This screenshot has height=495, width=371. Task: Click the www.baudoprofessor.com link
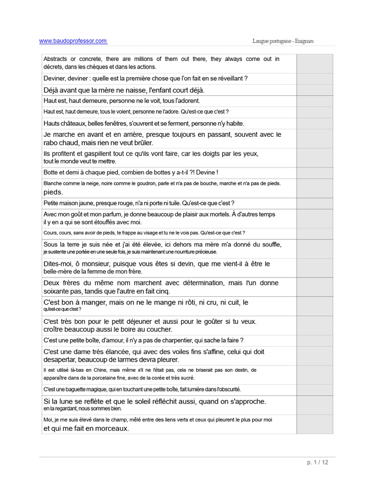[x=73, y=41]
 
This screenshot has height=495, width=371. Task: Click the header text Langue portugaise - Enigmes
[x=283, y=41]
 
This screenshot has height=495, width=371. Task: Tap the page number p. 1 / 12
[x=317, y=462]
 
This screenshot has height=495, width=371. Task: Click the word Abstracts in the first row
[x=56, y=59]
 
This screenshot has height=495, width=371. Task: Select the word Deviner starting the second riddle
[x=55, y=78]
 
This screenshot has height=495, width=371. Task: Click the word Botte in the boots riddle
[x=51, y=173]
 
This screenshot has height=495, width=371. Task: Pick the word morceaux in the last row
[x=110, y=428]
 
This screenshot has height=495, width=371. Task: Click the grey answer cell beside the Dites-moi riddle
[x=314, y=268]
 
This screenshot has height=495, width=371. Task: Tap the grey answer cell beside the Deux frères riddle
[x=314, y=287]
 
